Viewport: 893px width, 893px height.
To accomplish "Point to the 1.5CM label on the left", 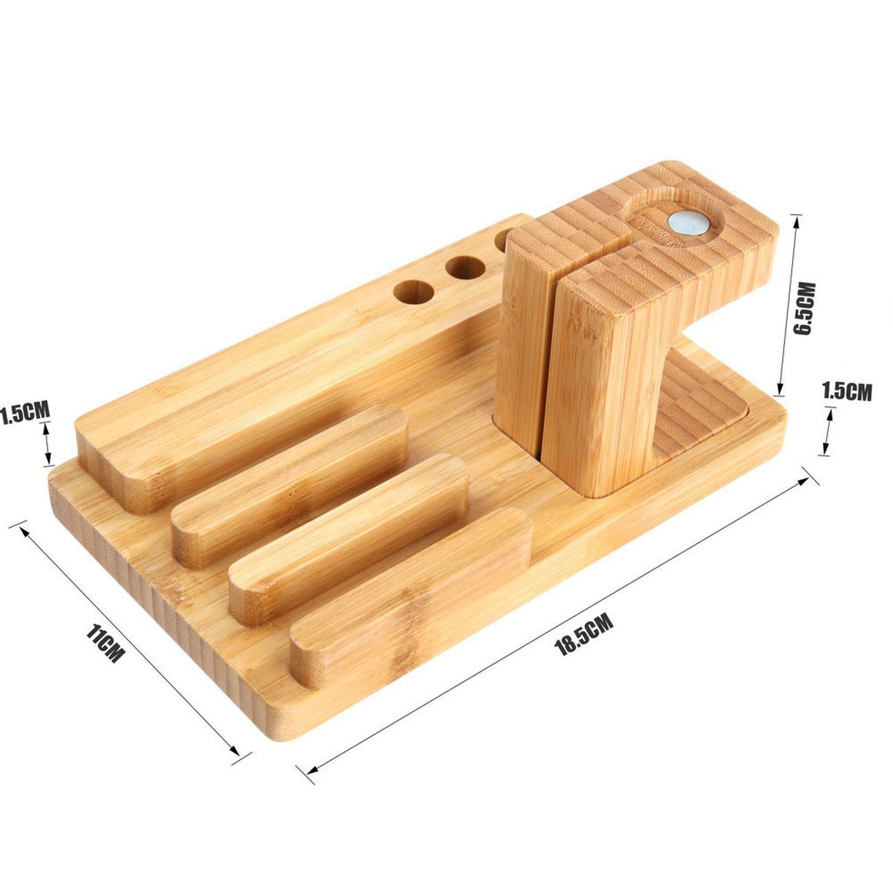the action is (25, 412).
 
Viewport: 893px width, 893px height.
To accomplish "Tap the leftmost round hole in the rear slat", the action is (414, 292).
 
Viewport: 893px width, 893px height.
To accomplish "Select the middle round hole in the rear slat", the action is (465, 268).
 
